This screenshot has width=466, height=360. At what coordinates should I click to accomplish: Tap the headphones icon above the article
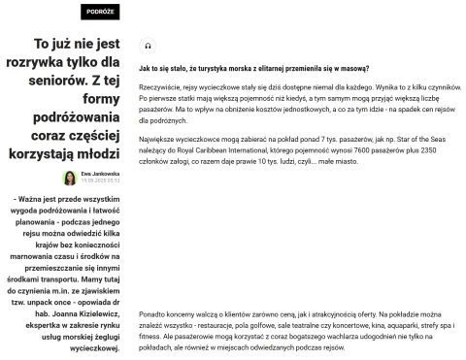147,46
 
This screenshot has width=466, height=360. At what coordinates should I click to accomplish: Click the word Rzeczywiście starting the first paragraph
162,87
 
